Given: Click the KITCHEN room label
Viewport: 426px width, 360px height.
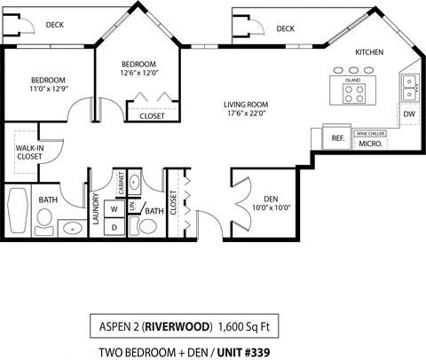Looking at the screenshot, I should pos(369,52).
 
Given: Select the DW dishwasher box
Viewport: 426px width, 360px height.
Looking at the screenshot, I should pos(409,114).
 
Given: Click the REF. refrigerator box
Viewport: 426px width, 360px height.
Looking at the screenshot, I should pos(338,138).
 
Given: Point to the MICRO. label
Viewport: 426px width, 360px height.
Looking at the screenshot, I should pos(370,144).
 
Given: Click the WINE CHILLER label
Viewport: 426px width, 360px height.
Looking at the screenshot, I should pos(370,133).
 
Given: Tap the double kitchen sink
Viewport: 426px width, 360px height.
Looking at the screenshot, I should pos(410,85).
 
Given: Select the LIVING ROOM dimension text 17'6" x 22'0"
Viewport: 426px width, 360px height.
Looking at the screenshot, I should pos(246,113).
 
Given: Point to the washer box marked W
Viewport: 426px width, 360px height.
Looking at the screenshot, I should pos(114,209).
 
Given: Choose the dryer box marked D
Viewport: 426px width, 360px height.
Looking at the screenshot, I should pos(114,227).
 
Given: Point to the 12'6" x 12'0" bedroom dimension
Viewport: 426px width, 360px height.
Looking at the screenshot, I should pos(139,74).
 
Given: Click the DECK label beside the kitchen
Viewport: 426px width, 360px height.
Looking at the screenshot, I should pos(285,29).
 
